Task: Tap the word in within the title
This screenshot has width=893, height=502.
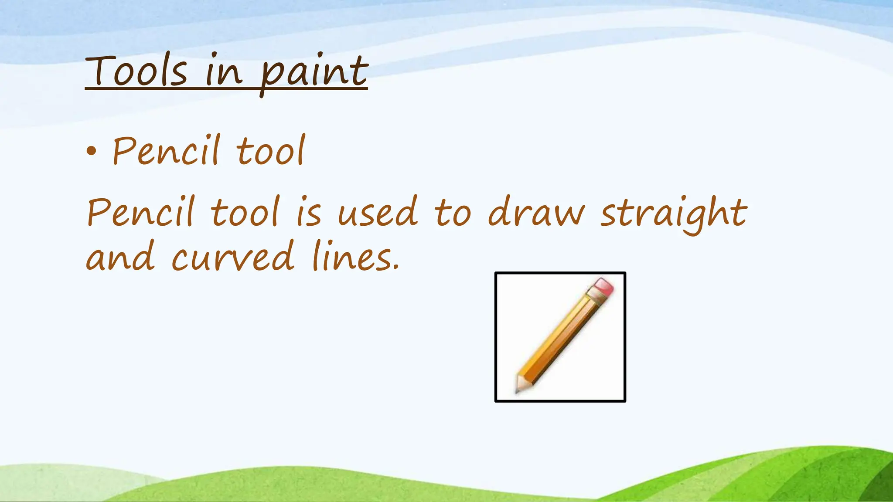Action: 223,72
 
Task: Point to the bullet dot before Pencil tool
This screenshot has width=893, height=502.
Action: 91,151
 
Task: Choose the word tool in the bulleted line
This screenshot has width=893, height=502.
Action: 270,151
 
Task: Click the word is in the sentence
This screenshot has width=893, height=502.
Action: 309,214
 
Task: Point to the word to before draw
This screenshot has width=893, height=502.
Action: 453,214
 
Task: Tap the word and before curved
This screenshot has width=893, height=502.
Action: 120,257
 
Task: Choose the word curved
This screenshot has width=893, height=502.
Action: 233,257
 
